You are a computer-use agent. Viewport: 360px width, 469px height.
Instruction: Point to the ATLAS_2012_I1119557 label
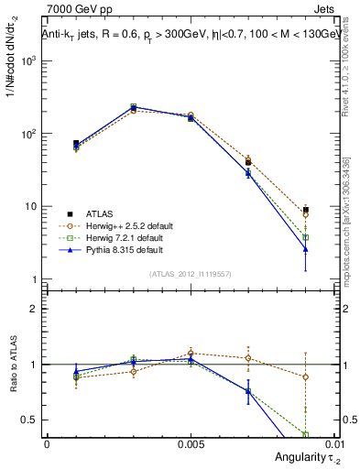coord(190,274)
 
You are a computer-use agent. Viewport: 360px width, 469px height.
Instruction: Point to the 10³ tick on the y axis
coord(30,60)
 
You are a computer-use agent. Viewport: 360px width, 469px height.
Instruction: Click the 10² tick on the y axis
coord(30,134)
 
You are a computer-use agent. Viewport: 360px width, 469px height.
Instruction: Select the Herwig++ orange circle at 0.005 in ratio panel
coord(191,353)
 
